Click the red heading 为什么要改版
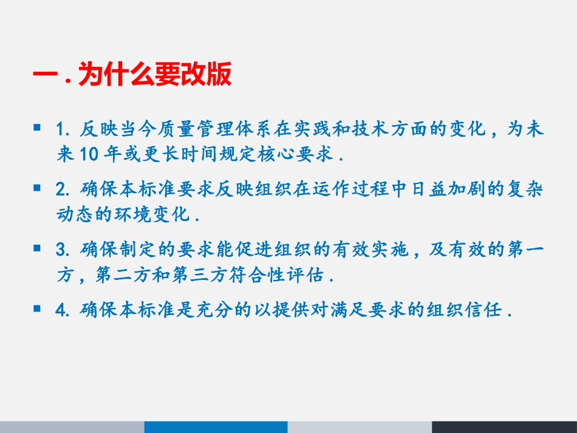coord(155,77)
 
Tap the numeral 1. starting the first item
coord(63,130)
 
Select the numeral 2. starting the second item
coord(63,190)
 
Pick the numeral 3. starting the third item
coord(63,250)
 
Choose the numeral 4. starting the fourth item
coord(63,311)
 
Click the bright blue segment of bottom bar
coord(216,427)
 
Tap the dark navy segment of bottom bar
coord(504,427)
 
